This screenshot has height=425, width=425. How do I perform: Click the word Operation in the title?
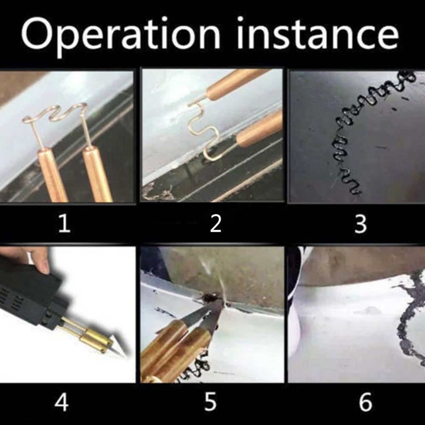(121, 36)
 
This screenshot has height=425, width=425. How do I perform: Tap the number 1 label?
(65, 224)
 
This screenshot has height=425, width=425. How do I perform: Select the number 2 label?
(216, 224)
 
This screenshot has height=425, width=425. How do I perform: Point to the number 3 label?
(360, 224)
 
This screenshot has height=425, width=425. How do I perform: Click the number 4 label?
(61, 402)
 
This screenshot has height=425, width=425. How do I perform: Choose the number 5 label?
(210, 402)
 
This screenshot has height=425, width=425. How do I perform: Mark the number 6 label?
(366, 402)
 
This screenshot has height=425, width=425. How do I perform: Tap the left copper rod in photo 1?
(52, 175)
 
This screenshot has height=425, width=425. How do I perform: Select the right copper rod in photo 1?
(98, 174)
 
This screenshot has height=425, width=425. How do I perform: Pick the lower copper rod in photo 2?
(259, 129)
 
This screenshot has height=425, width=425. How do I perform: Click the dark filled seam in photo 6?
(409, 315)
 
